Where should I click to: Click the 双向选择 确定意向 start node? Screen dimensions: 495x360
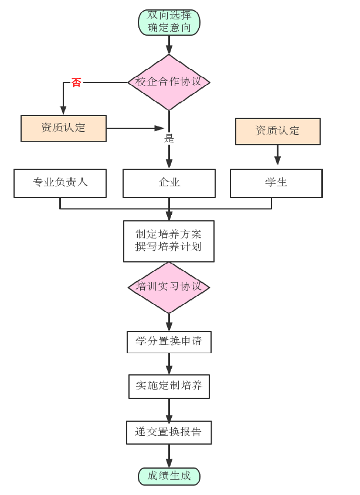pyautogui.click(x=169, y=22)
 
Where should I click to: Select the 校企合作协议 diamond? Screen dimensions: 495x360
pyautogui.click(x=169, y=82)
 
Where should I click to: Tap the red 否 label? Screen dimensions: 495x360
pyautogui.click(x=76, y=83)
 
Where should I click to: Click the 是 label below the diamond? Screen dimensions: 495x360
pyautogui.click(x=169, y=139)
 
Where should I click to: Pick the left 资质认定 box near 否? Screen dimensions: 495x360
pyautogui.click(x=63, y=128)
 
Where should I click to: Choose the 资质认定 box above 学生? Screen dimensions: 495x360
pyautogui.click(x=277, y=131)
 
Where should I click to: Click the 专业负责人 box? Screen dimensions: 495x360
pyautogui.click(x=60, y=183)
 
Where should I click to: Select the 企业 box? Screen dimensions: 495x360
pyautogui.click(x=169, y=183)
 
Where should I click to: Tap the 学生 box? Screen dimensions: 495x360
pyautogui.click(x=276, y=183)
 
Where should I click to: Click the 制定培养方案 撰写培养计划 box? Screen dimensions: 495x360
pyautogui.click(x=169, y=240)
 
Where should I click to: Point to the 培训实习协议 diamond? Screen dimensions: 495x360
pyautogui.click(x=169, y=287)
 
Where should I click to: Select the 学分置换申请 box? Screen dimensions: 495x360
pyautogui.click(x=169, y=342)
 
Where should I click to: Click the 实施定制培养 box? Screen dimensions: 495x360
pyautogui.click(x=169, y=386)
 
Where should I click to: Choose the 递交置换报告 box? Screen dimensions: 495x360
pyautogui.click(x=169, y=432)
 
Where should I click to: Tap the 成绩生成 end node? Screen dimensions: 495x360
pyautogui.click(x=169, y=476)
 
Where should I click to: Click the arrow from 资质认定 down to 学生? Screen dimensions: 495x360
pyautogui.click(x=277, y=155)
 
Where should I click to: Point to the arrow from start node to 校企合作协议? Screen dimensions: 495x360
pyautogui.click(x=169, y=44)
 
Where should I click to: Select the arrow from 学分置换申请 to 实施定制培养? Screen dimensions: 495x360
pyautogui.click(x=169, y=364)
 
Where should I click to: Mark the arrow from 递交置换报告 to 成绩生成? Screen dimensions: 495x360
pyautogui.click(x=169, y=455)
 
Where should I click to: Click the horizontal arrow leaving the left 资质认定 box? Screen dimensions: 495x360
pyautogui.click(x=135, y=128)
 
